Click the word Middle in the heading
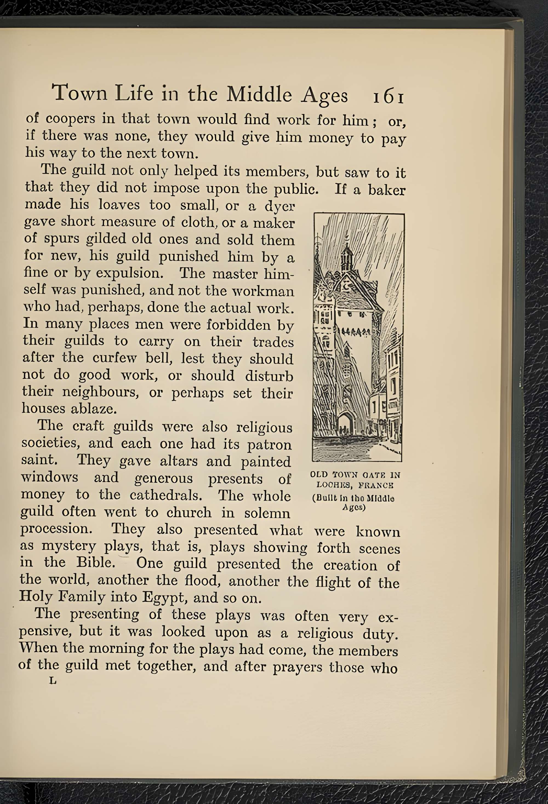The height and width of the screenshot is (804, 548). [259, 94]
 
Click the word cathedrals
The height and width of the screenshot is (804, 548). [166, 495]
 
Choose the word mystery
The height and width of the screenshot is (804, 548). [68, 546]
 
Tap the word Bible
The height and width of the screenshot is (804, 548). [96, 562]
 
